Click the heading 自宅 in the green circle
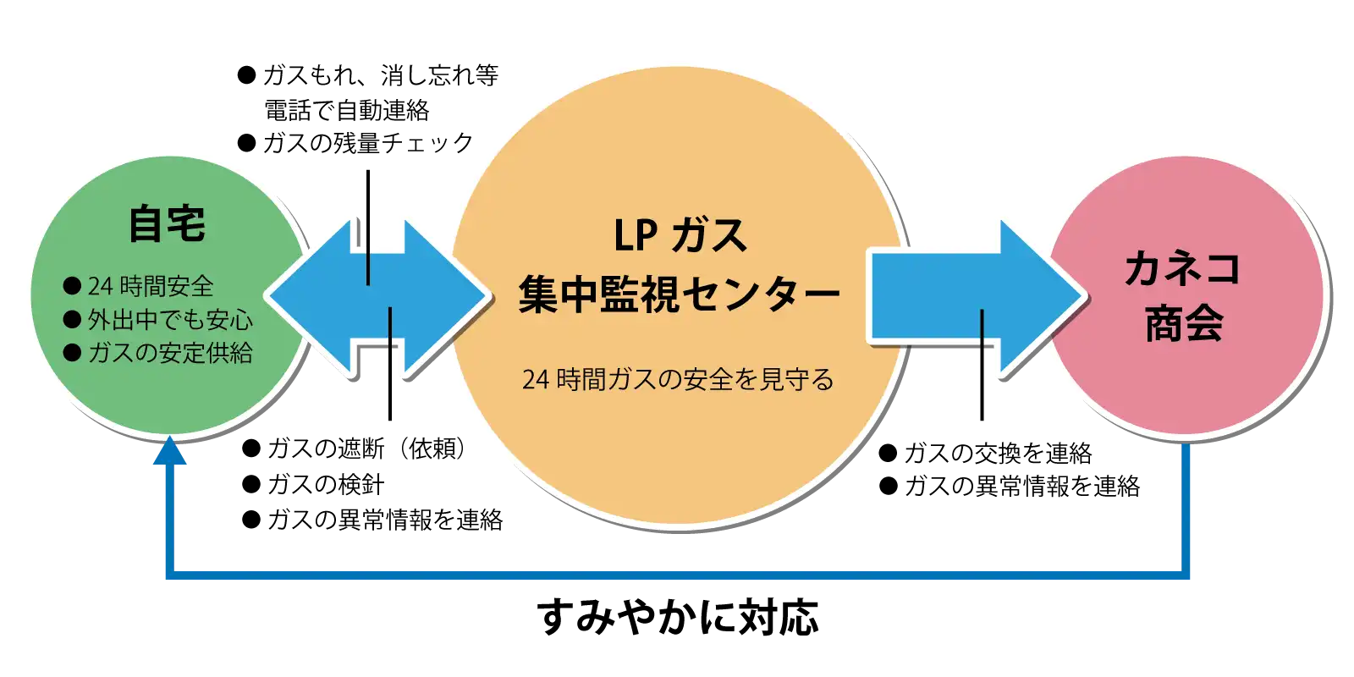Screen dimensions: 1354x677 pyautogui.click(x=167, y=224)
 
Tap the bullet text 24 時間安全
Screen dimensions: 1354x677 pyautogui.click(x=151, y=287)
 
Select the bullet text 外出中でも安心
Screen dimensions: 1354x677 pyautogui.click(x=170, y=320)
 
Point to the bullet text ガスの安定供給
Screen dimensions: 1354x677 pyautogui.click(x=170, y=353)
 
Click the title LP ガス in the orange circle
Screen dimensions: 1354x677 pyautogui.click(x=680, y=234)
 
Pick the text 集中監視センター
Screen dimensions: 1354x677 pyautogui.click(x=680, y=294)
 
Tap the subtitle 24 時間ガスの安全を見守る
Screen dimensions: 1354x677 pyautogui.click(x=678, y=380)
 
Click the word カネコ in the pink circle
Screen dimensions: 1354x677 pyautogui.click(x=1183, y=269)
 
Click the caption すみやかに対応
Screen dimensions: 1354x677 pyautogui.click(x=678, y=617)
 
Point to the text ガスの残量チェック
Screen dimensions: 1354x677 pyautogui.click(x=368, y=143)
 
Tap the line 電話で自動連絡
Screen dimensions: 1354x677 pyautogui.click(x=347, y=110)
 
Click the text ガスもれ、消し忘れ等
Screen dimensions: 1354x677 pyautogui.click(x=381, y=76)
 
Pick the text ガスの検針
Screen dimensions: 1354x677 pyautogui.click(x=326, y=484)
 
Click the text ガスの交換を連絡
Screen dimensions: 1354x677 pyautogui.click(x=998, y=454)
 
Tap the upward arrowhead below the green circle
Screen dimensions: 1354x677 pyautogui.click(x=170, y=450)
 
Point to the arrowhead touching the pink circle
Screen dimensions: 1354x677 pyautogui.click(x=1041, y=296)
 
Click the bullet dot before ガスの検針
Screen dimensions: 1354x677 pyautogui.click(x=250, y=484)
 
